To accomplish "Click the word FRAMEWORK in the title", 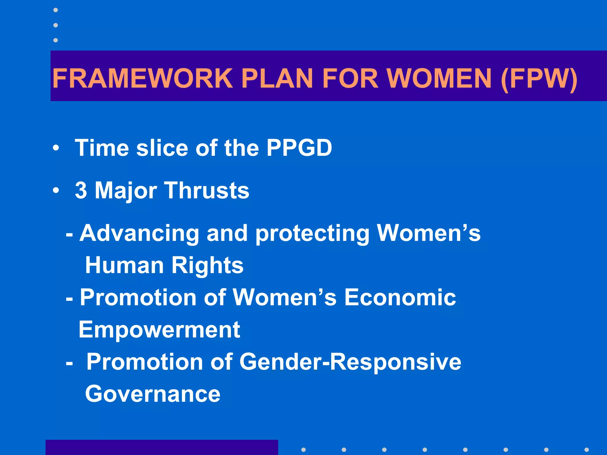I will point(143,78).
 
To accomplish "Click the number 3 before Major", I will point(81,190).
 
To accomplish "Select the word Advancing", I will point(139,233).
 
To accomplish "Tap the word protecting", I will point(312,233).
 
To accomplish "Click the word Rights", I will point(207,265).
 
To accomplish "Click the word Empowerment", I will point(159,329).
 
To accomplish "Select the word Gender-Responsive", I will point(350,362).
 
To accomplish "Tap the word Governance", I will point(153,394).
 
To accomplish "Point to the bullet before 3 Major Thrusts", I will point(56,190).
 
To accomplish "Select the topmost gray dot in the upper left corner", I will point(55,10).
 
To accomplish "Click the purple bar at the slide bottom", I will point(162,447).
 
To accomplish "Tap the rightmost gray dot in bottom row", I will point(587,450).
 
